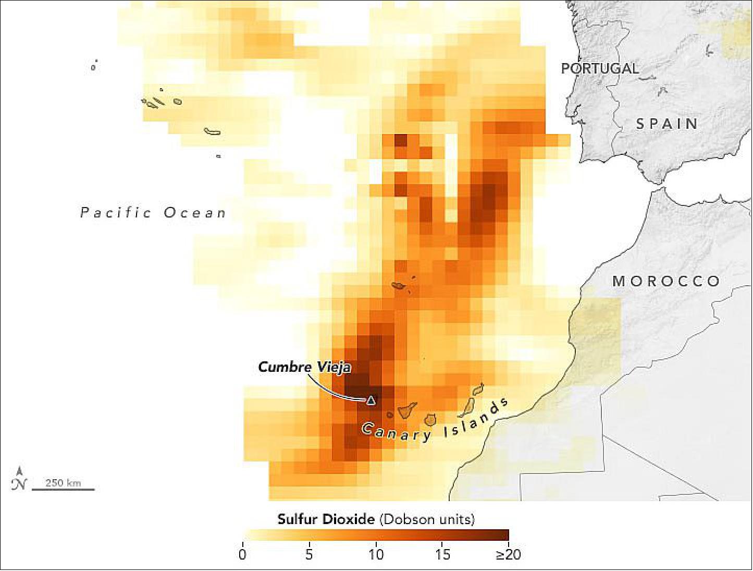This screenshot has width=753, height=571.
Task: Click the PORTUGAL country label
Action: [x=600, y=68]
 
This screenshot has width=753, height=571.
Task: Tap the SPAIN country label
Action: [x=666, y=124]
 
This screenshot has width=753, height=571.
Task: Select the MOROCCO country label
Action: [x=666, y=282]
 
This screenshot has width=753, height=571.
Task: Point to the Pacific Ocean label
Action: [x=153, y=213]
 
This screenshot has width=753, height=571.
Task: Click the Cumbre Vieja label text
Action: [x=304, y=367]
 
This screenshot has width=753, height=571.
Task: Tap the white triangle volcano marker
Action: [x=371, y=400]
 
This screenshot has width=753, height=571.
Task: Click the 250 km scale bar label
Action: [x=63, y=482]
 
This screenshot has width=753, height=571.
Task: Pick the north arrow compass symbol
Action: [x=18, y=479]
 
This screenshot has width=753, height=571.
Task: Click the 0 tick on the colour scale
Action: [x=242, y=554]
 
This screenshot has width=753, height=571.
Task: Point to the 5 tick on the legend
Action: [x=309, y=554]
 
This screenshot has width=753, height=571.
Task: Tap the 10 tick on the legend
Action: [x=376, y=554]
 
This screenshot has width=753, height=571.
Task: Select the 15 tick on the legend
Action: [x=442, y=554]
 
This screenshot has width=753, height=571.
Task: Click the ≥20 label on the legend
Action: [x=508, y=554]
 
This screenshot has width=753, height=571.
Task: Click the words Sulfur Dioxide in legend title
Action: [x=326, y=519]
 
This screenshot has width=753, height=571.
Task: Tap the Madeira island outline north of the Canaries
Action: [x=400, y=286]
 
